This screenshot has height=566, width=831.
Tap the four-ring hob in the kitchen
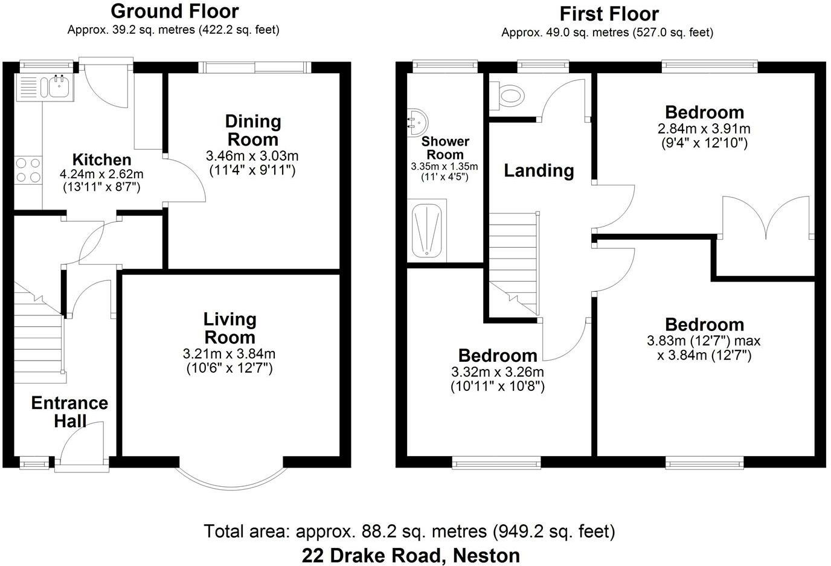(x=28, y=170)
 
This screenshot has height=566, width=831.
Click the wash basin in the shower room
(x=418, y=123)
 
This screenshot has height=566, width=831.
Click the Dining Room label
(x=253, y=130)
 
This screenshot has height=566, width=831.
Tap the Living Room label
(x=230, y=328)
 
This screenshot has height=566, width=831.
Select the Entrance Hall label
(x=69, y=411)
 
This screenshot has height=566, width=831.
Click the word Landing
(x=539, y=171)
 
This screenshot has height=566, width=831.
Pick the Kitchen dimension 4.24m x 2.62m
(x=101, y=174)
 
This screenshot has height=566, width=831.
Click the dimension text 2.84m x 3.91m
(x=704, y=129)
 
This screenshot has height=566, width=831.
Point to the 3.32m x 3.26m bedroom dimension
(x=498, y=372)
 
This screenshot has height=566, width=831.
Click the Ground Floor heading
(x=175, y=11)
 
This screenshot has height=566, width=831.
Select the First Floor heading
(x=609, y=14)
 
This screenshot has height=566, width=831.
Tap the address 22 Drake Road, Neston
(x=411, y=556)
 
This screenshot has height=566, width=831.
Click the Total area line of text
(x=409, y=531)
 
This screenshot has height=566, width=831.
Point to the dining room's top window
(x=255, y=67)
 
